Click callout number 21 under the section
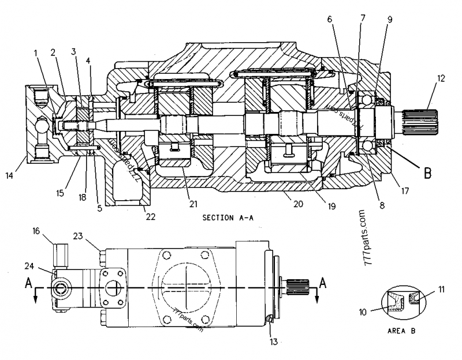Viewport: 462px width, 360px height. click(193, 203)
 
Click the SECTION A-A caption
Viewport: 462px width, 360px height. click(228, 218)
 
